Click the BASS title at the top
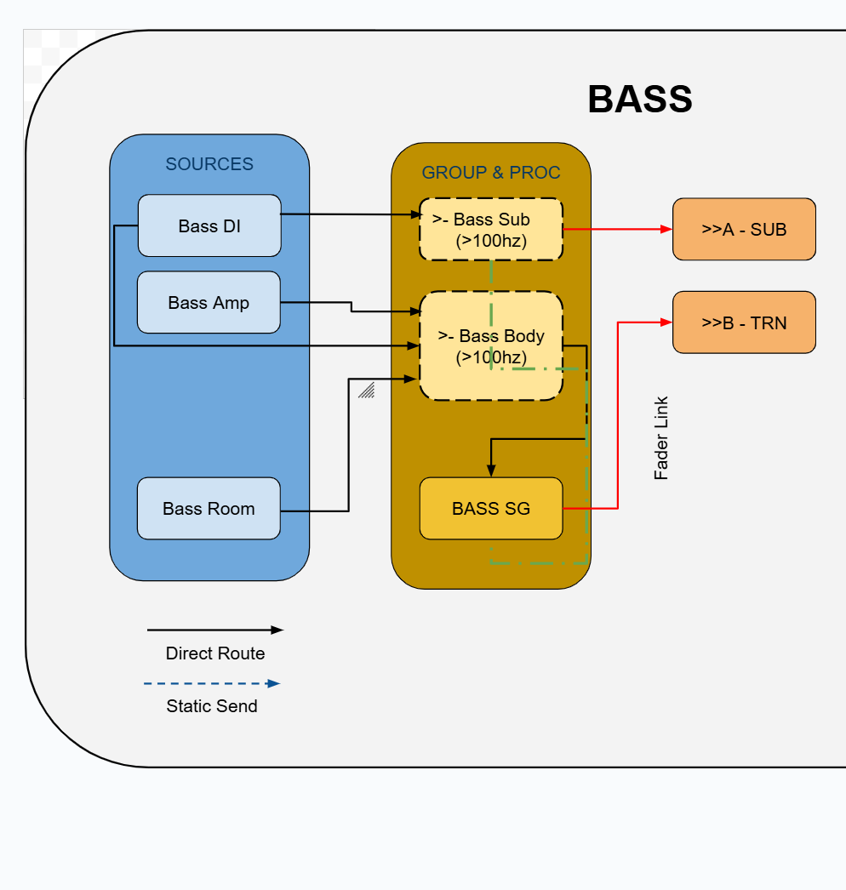point(639,100)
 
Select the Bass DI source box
point(209,225)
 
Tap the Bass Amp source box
point(209,302)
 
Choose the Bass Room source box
point(209,508)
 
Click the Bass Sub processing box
point(491,230)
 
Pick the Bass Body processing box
point(491,345)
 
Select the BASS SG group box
point(491,508)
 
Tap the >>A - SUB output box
point(744,229)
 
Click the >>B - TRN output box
point(744,322)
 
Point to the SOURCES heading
point(209,164)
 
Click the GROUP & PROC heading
point(491,173)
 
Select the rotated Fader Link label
point(661,438)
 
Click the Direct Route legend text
point(215,653)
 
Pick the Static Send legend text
point(212,706)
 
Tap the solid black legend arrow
point(214,630)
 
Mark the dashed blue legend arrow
point(212,683)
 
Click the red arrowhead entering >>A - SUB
point(666,229)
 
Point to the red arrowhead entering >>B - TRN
point(666,322)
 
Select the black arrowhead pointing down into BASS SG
point(491,471)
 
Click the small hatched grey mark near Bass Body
point(367,390)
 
